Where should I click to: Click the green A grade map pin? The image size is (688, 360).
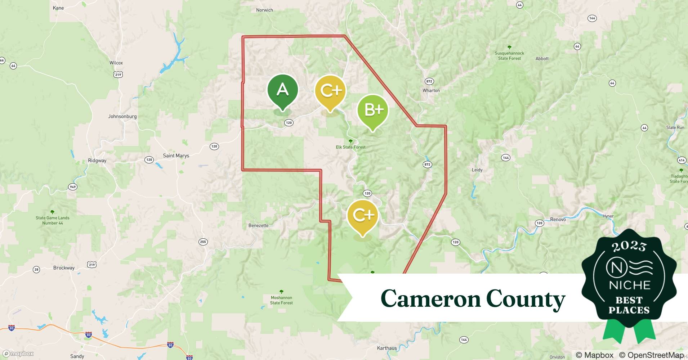(x=283, y=90)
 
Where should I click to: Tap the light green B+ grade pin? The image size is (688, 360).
(x=373, y=110)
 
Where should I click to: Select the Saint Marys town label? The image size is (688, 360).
(x=176, y=156)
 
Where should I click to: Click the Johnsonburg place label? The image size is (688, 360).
(x=122, y=116)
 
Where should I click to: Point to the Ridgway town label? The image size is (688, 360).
(x=97, y=161)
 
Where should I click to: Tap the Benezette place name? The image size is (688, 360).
(x=258, y=225)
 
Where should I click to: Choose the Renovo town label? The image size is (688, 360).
(x=558, y=219)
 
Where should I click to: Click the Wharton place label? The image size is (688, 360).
(x=431, y=90)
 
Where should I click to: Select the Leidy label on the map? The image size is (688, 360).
(x=477, y=170)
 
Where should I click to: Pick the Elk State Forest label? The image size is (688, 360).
(x=350, y=147)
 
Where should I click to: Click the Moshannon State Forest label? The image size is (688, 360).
(x=281, y=300)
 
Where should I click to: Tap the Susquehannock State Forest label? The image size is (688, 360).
(x=509, y=55)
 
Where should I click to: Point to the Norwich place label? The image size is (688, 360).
(x=264, y=10)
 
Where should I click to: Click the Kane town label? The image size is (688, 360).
(x=58, y=8)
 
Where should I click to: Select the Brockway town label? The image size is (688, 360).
(x=64, y=267)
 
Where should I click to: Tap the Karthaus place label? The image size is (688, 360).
(x=387, y=348)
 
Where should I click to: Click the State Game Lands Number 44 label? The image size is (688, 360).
(x=53, y=220)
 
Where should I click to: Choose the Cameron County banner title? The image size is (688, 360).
(x=473, y=299)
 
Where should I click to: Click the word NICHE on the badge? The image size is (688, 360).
(x=629, y=285)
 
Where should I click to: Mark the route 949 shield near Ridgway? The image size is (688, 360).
(x=73, y=187)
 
